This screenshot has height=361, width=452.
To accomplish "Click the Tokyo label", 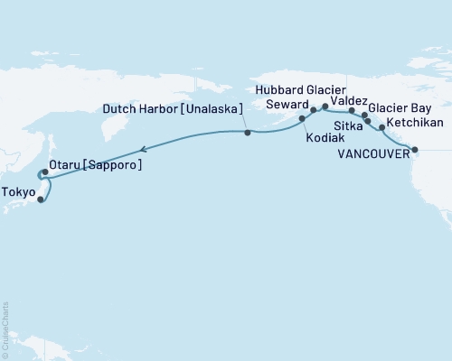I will click(x=19, y=192).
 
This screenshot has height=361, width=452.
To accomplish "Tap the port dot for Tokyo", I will click(x=42, y=199).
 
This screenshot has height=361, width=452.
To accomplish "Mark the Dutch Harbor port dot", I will click(x=247, y=133).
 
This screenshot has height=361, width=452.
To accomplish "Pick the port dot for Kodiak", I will click(x=302, y=118).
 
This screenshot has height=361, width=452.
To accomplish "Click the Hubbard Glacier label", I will click(x=299, y=90).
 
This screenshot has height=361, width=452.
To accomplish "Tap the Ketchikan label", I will click(x=413, y=120).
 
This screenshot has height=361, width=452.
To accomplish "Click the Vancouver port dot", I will click(x=415, y=150).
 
